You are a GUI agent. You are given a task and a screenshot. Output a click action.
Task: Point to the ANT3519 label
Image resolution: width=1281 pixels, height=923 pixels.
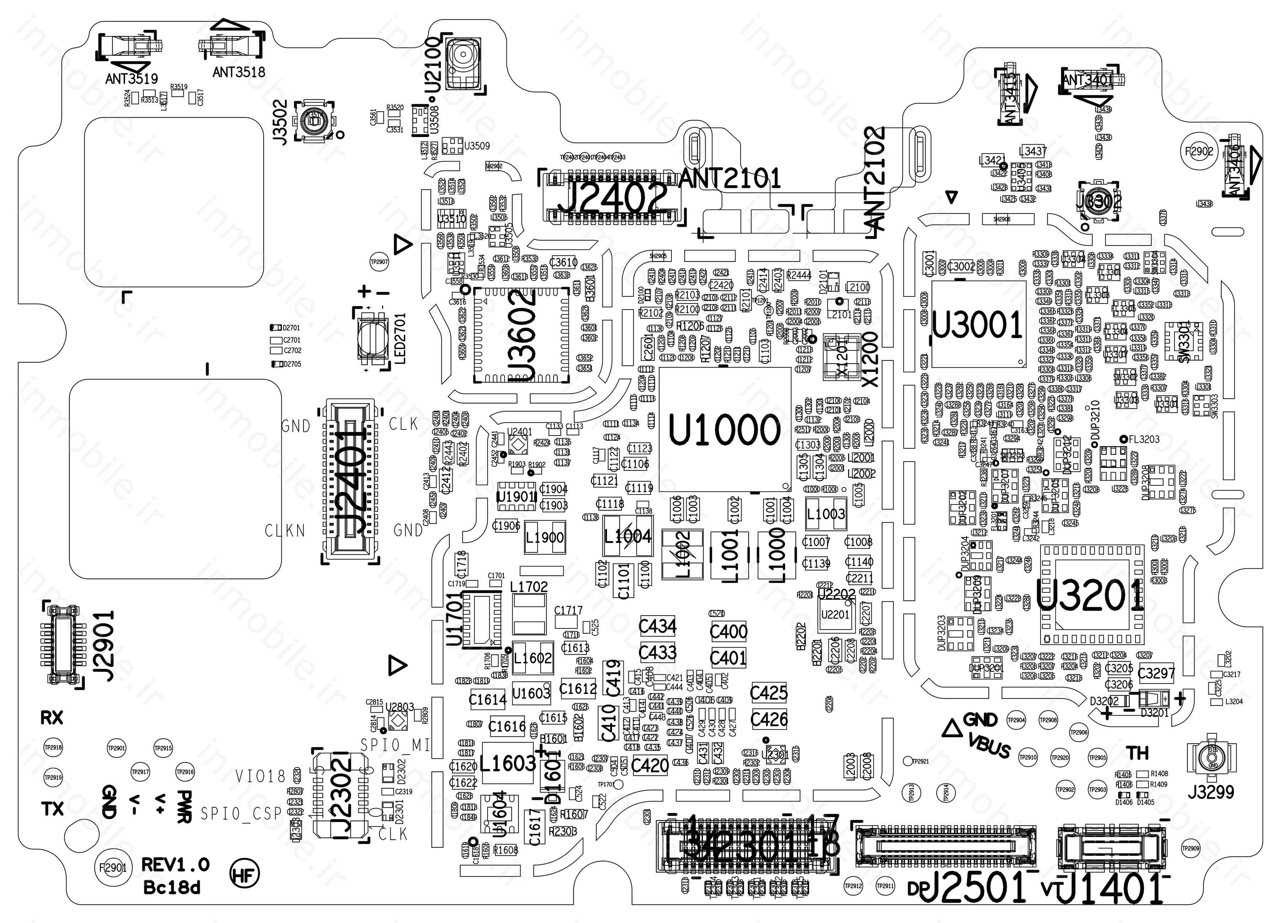point(131,79)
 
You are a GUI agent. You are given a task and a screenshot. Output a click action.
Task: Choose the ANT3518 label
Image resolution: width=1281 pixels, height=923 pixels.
point(238,72)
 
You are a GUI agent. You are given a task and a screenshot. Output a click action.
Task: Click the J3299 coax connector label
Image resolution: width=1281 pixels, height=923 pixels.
point(1211,792)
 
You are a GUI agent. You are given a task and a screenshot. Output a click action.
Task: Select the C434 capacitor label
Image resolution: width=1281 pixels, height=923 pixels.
point(658,626)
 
